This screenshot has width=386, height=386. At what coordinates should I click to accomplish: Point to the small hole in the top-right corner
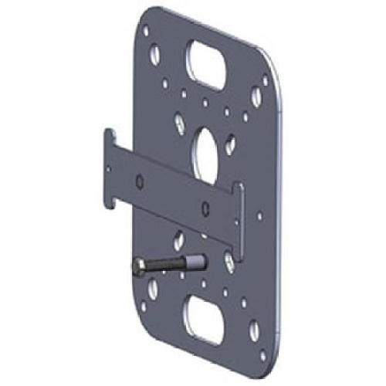tap(265, 80)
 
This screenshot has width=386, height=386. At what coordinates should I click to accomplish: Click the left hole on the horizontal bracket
tap(138, 183)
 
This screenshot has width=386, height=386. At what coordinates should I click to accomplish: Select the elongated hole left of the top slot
tap(156, 56)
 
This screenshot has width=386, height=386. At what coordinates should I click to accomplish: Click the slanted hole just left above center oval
tap(180, 124)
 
